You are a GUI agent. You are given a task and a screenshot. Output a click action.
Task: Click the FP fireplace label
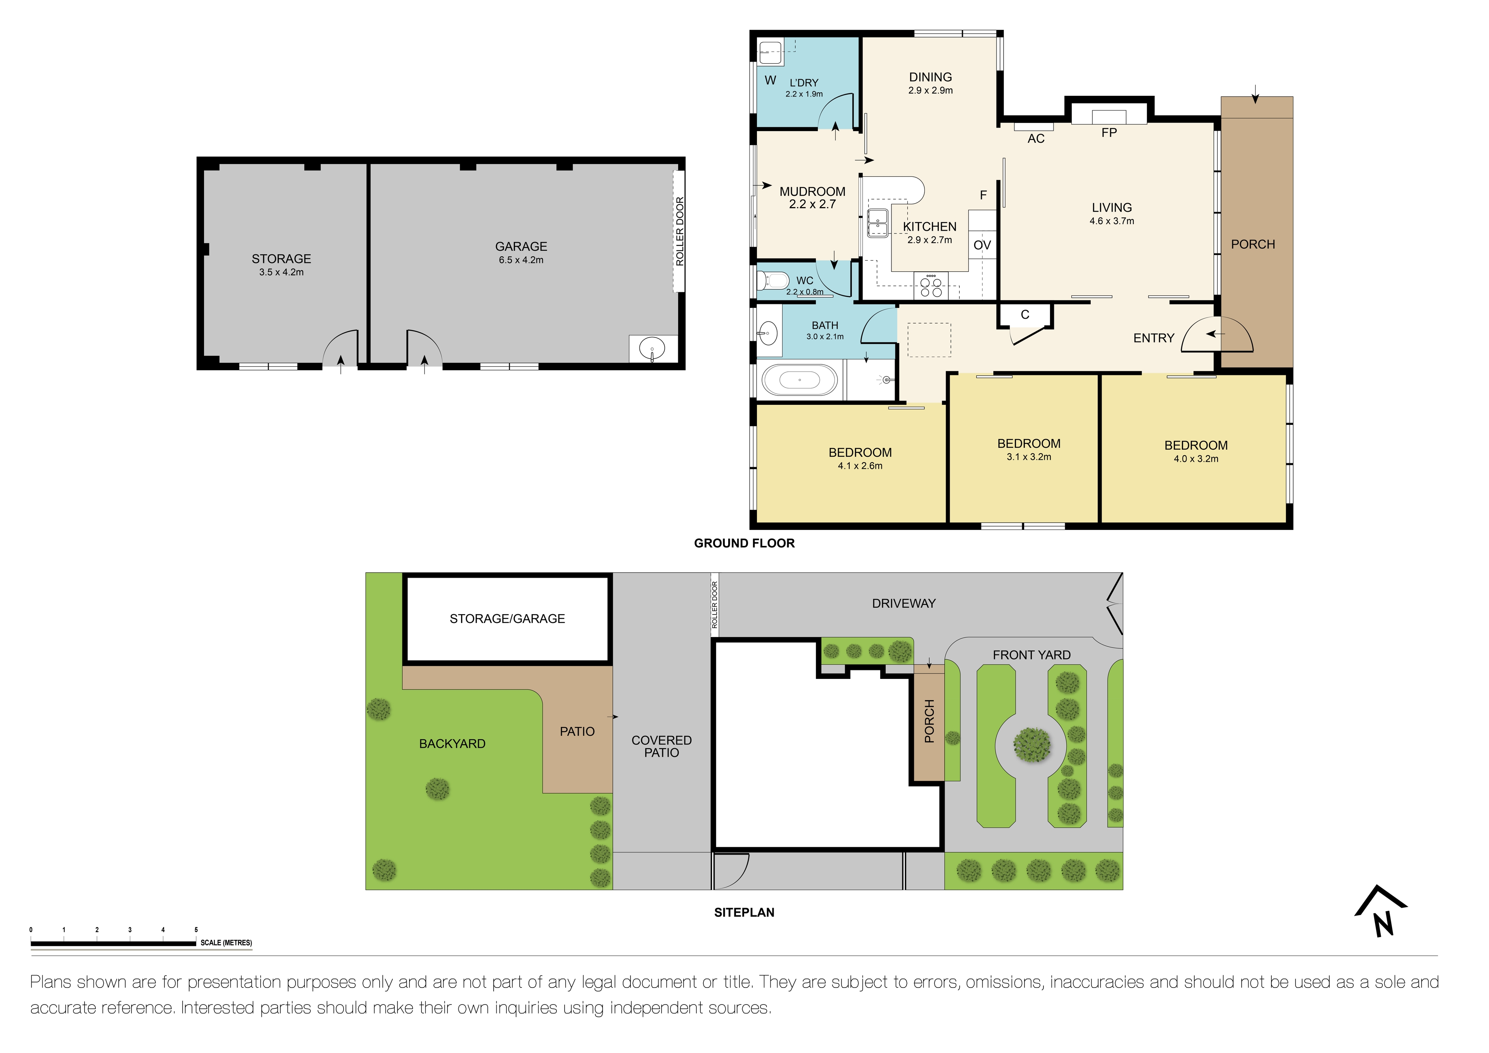[x=1109, y=133]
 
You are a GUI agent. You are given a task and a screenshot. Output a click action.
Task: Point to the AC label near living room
[x=1036, y=139]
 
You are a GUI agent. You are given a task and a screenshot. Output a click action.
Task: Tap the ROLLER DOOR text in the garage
[x=680, y=231]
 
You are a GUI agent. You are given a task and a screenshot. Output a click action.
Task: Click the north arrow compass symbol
[x=1381, y=911]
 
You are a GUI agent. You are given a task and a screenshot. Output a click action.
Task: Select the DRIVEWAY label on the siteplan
[x=903, y=604]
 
